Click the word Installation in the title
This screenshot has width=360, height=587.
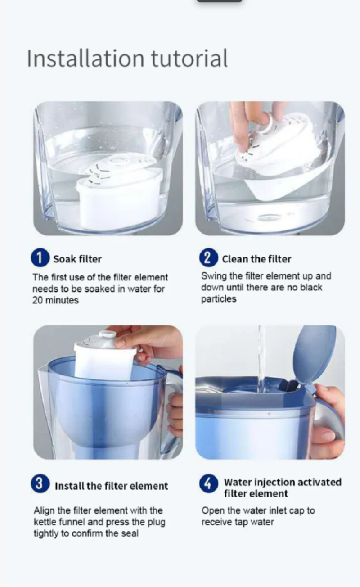(85, 58)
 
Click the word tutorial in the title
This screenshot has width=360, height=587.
(189, 58)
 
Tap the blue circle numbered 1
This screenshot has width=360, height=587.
(40, 258)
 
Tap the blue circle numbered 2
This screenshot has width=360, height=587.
(208, 258)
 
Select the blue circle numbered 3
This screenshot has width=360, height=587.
(40, 483)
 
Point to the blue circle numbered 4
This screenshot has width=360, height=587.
(208, 483)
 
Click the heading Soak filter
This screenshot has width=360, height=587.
(77, 259)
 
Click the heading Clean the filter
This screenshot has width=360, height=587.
(257, 259)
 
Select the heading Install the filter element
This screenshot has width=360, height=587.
(111, 486)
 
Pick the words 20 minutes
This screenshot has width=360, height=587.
(55, 300)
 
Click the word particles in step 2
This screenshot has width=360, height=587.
(219, 299)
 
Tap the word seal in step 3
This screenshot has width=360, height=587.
(130, 533)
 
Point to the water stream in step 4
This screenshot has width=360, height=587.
(261, 359)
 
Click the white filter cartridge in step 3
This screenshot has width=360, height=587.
(105, 355)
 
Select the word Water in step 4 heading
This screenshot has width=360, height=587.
(238, 482)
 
